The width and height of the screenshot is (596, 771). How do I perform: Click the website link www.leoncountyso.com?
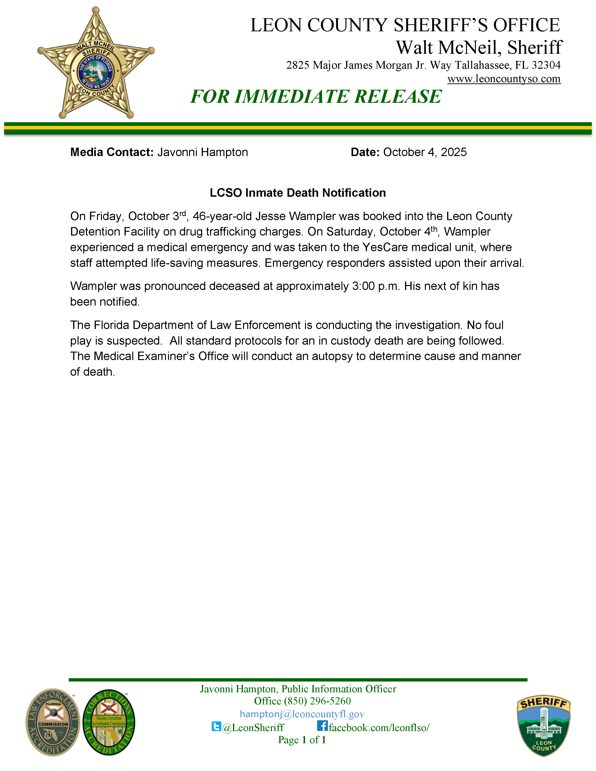504,79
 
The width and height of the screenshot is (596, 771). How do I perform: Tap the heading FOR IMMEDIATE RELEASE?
316,97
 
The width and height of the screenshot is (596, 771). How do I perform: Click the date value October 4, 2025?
425,152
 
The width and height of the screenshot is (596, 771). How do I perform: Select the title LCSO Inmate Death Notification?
298,193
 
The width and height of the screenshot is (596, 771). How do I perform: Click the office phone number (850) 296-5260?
317,701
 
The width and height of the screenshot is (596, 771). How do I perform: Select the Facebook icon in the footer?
322,726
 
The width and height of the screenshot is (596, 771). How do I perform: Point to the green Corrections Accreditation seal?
109,722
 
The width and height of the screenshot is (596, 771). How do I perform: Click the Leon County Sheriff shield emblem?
543,726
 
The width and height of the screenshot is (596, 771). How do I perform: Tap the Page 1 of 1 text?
302,740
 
